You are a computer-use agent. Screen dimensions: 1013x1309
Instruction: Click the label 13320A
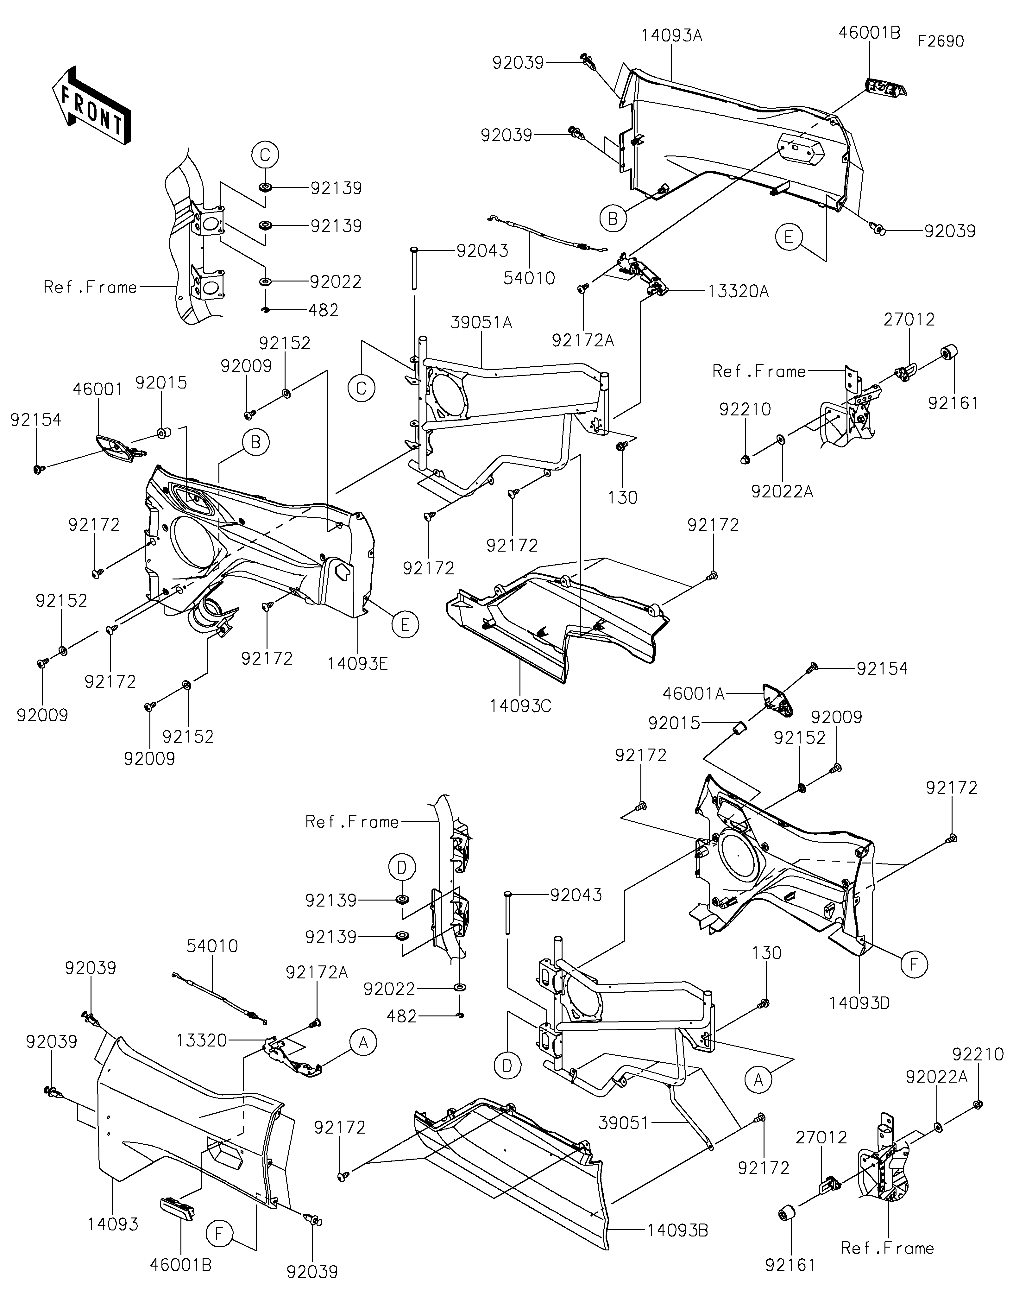pyautogui.click(x=738, y=292)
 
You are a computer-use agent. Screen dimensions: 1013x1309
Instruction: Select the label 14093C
pyautogui.click(x=520, y=706)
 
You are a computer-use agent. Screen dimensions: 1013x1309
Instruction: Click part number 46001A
pyautogui.click(x=694, y=694)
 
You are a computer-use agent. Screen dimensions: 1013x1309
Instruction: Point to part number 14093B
pyautogui.click(x=677, y=1230)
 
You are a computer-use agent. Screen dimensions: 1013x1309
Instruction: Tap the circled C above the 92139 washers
pyautogui.click(x=265, y=155)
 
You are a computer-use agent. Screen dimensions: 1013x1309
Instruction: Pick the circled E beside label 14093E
pyautogui.click(x=405, y=625)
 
